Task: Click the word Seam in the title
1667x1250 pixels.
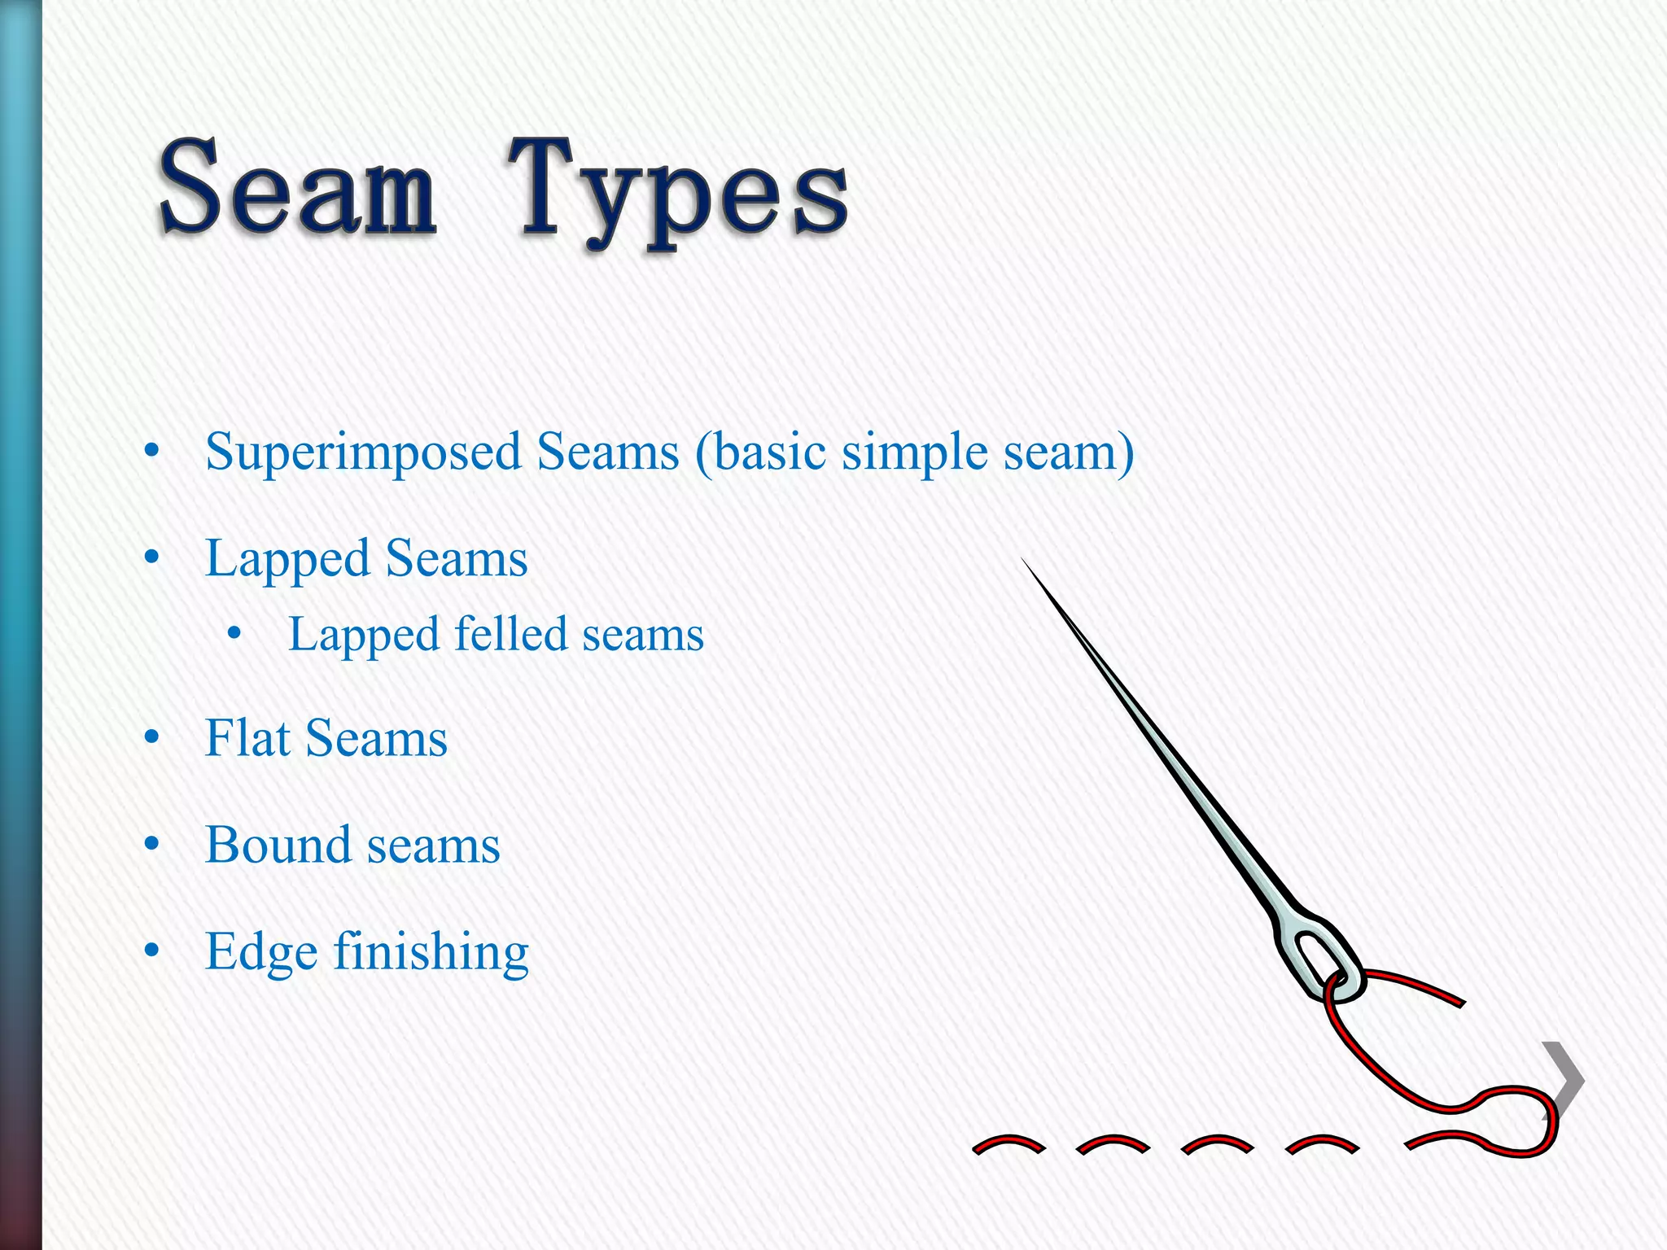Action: [x=298, y=189]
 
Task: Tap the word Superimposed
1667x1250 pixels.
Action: [x=362, y=452]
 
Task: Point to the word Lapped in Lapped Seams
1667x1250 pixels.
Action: [x=287, y=560]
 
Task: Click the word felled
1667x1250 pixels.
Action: [x=510, y=634]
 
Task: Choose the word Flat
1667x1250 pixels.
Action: [x=247, y=739]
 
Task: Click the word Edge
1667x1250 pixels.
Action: [x=261, y=952]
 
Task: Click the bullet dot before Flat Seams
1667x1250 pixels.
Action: [x=151, y=737]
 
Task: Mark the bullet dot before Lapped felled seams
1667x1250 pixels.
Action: [x=234, y=633]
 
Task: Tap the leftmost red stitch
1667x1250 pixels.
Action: [x=1009, y=1144]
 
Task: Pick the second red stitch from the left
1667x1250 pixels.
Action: [x=1113, y=1144]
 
